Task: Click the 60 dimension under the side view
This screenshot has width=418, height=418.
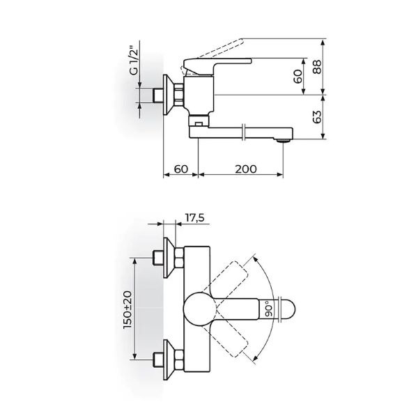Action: click(x=180, y=169)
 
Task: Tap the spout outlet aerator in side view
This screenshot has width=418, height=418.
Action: click(x=282, y=141)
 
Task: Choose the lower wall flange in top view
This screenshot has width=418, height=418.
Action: click(x=170, y=359)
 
